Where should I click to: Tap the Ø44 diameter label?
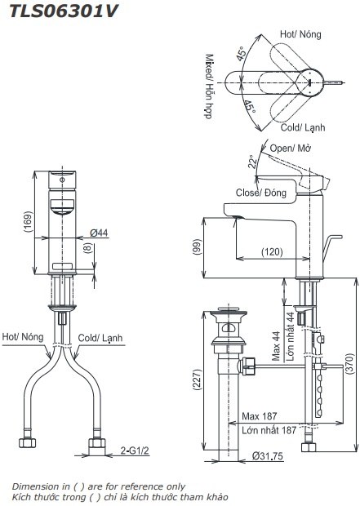click(99, 233)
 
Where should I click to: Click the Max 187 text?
click(259, 417)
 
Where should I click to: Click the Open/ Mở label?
click(290, 149)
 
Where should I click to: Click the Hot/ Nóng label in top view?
click(300, 34)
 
